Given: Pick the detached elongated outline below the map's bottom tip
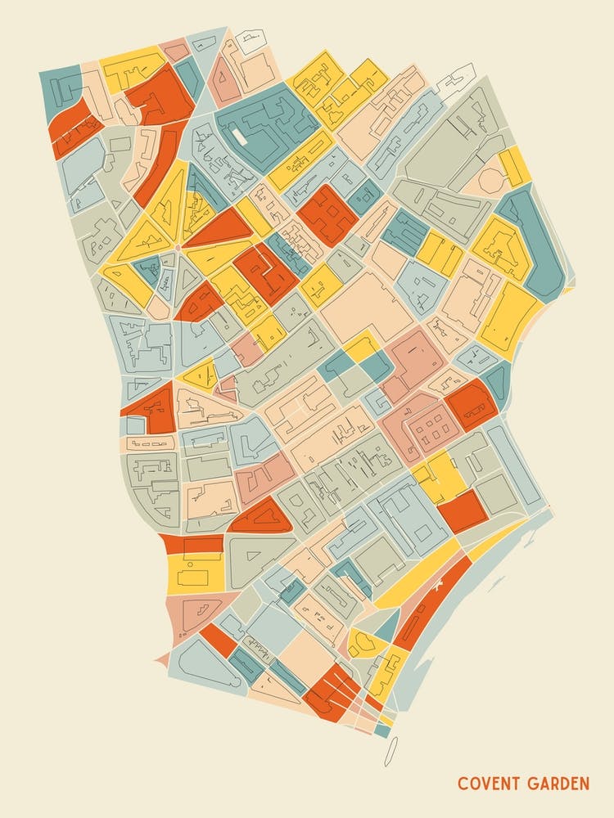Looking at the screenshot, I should pos(391,750).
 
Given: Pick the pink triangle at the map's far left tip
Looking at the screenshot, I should pos(162,658).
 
